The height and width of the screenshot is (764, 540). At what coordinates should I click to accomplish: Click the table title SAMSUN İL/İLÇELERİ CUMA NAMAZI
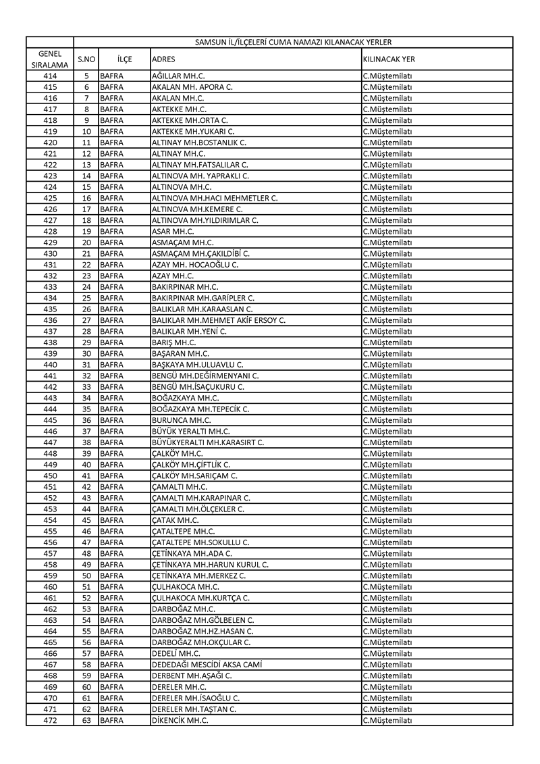coord(293,42)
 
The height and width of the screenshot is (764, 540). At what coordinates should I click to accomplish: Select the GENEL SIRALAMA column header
coord(50,59)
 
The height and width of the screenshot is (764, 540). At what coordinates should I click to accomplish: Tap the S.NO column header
coord(86,59)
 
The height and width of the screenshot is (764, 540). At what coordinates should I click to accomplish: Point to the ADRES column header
coord(164,59)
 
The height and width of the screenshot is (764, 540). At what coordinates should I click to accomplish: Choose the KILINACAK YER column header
coord(389,59)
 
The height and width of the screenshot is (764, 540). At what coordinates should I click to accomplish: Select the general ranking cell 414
coord(50,76)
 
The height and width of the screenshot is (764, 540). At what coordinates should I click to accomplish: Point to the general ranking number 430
coord(50,253)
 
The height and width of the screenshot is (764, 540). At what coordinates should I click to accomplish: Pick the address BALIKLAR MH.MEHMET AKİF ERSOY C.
coord(219,320)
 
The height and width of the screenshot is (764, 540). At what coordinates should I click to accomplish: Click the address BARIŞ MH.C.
coord(173,342)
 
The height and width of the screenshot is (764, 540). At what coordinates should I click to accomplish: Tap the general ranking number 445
coord(50,420)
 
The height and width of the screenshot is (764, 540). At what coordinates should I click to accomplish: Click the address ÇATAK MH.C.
coord(175,520)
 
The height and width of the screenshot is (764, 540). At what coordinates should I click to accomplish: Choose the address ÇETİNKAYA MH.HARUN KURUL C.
coord(210,565)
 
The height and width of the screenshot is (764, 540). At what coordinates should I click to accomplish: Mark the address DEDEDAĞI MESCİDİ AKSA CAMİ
coord(207,665)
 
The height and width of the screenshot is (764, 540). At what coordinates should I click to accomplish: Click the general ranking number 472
coord(50,720)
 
